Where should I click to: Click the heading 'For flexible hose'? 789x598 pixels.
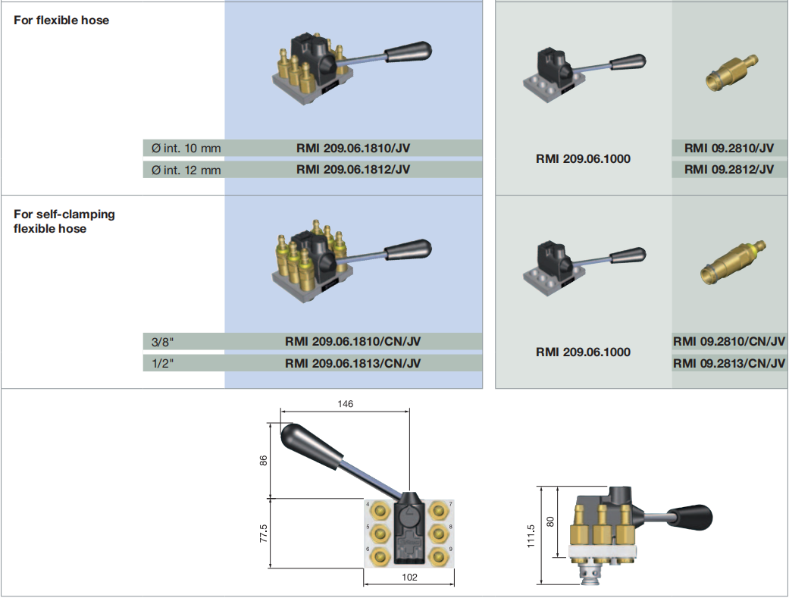click(x=61, y=20)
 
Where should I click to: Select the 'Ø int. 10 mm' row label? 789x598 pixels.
click(x=186, y=149)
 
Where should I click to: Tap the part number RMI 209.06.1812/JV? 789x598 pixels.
click(x=352, y=169)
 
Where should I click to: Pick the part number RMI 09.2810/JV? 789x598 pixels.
click(x=728, y=149)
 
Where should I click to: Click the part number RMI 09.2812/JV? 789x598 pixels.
click(x=728, y=169)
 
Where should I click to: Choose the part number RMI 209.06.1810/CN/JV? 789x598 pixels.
click(x=352, y=342)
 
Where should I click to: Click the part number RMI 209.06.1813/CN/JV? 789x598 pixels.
click(x=352, y=363)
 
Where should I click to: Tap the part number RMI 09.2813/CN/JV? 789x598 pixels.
click(x=728, y=363)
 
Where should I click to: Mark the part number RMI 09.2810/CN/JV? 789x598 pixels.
click(x=728, y=342)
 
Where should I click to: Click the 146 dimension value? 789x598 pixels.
click(x=345, y=404)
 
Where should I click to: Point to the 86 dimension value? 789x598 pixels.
click(x=265, y=460)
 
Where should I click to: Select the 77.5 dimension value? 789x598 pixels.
click(x=265, y=533)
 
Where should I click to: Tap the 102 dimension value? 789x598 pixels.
click(x=409, y=577)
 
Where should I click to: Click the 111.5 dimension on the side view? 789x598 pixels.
click(x=531, y=535)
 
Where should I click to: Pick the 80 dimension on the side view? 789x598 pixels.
click(x=551, y=521)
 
